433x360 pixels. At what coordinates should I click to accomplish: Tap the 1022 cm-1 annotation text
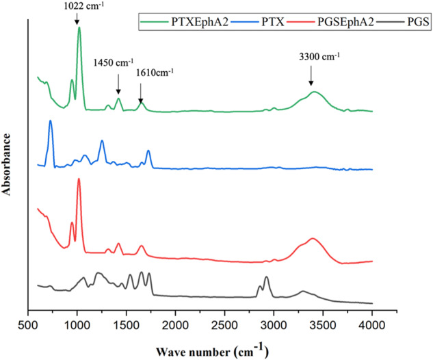tap(77, 7)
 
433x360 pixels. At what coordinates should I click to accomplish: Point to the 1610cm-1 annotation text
tap(155, 71)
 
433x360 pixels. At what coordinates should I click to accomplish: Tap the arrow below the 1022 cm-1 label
tap(77, 18)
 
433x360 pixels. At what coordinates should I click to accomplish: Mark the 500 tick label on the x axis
tap(28, 324)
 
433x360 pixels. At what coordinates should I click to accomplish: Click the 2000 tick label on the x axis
tap(175, 324)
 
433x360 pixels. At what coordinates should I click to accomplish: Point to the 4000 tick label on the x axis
tap(372, 324)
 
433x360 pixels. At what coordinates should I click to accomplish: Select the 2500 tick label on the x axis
tap(224, 324)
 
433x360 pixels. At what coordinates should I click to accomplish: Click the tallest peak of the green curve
tap(79, 28)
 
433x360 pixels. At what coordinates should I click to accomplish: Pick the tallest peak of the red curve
tap(79, 179)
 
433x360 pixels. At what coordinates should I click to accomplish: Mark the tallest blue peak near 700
tap(50, 121)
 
